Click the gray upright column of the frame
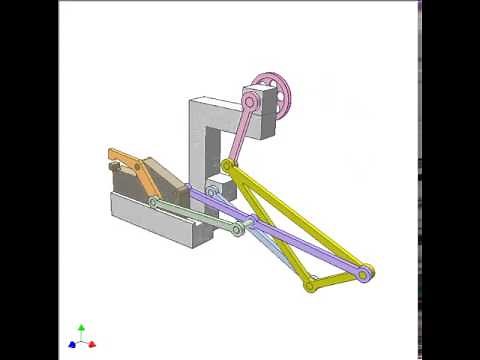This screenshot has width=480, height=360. point(201,140)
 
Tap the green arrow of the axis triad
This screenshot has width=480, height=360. point(81,329)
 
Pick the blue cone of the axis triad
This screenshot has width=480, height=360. point(72,343)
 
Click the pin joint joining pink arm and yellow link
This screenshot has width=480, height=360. point(228,165)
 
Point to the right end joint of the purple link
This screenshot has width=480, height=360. point(367,270)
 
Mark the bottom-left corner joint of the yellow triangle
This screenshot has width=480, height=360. point(310,285)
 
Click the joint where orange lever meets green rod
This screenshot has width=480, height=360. point(155,203)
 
